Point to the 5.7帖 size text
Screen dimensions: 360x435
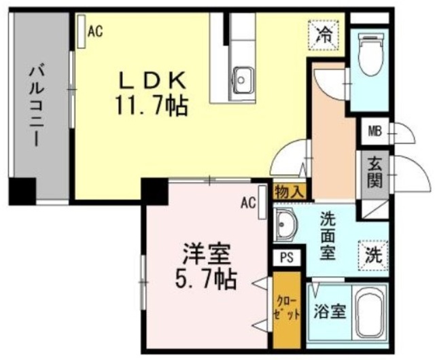pos(205,278)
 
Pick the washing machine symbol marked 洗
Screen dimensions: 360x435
pos(372,256)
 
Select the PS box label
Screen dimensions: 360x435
pos(285,259)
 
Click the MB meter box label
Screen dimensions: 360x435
pos(375,131)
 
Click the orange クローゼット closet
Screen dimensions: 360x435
pos(286,309)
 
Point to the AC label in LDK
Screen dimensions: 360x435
pos(95,30)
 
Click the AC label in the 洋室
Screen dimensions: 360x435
pos(248,202)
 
